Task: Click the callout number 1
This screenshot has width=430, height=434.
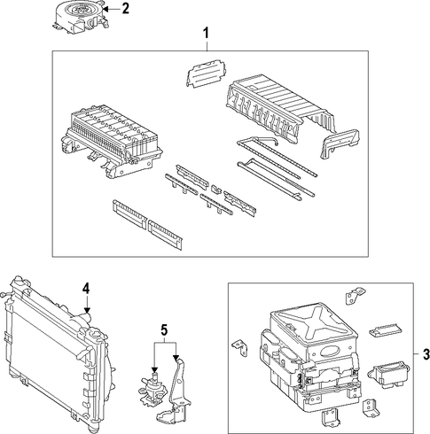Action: pos(206,33)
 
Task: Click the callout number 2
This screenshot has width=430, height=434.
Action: pos(125,9)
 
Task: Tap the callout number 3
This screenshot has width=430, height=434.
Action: pos(426,354)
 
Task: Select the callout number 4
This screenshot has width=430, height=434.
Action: pos(86,288)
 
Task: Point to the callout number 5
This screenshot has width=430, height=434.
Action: pos(164,329)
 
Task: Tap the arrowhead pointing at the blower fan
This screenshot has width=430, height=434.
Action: pos(106,9)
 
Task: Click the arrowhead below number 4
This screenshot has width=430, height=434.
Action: pos(87,310)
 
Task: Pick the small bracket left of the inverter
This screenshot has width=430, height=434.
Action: pos(240,347)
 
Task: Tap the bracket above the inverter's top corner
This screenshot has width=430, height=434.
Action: pos(355,294)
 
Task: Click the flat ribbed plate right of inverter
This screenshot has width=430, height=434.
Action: pos(384,329)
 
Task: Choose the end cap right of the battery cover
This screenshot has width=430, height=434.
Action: pos(340,143)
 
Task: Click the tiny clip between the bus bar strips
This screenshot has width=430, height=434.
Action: pos(216,189)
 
